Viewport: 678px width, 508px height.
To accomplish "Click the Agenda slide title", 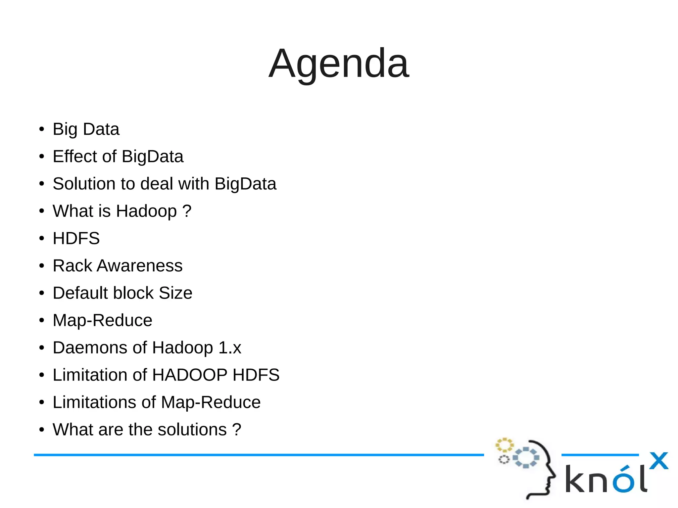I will [339, 64].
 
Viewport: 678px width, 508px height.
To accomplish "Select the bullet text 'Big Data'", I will [86, 129].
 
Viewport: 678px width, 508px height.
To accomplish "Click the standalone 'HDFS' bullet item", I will [76, 238].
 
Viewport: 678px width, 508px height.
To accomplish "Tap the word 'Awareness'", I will [139, 266].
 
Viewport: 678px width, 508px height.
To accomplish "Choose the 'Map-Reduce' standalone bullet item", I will [102, 320].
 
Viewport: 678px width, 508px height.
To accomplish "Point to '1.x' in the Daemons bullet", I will [230, 348].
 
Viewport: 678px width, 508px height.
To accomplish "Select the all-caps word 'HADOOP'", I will [190, 375].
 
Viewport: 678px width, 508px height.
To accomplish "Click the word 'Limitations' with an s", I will [94, 402].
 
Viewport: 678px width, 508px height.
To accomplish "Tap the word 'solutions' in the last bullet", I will [192, 430].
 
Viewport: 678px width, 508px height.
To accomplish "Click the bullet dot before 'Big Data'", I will [41, 129].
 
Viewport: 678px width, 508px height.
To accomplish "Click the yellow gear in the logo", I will [504, 445].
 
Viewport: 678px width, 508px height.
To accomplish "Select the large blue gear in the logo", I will [526, 457].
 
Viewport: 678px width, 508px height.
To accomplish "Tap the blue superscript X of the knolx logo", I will [658, 461].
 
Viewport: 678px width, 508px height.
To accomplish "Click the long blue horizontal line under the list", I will [258, 455].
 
